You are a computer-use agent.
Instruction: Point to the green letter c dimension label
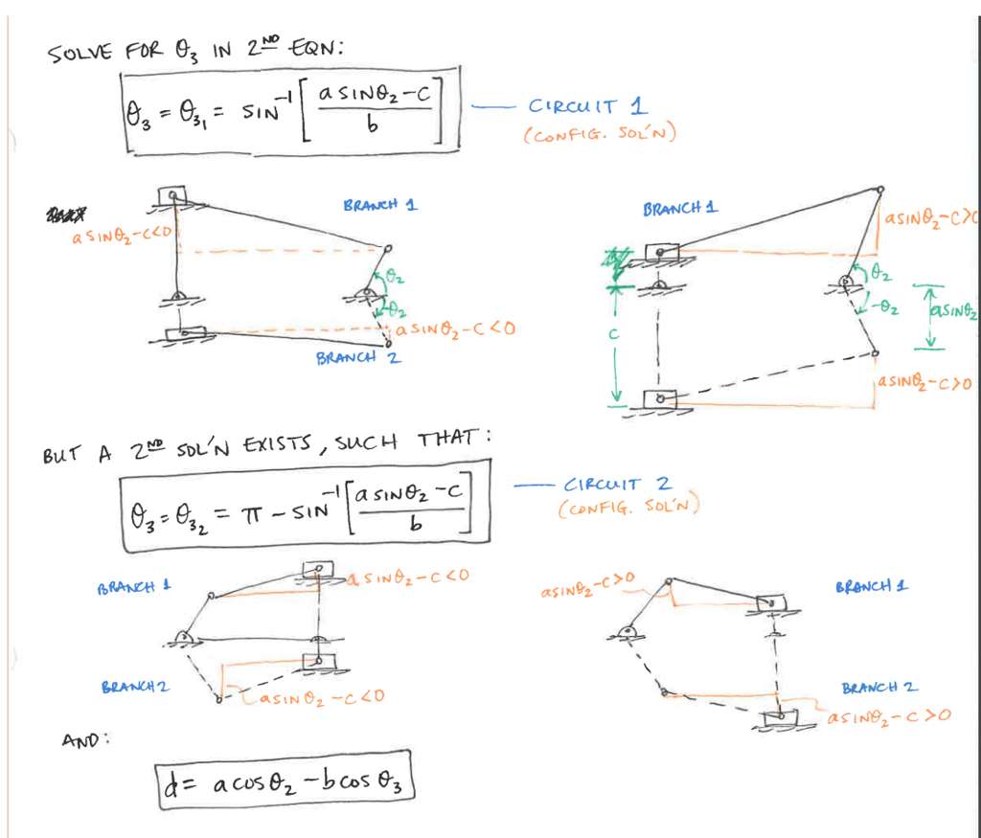point(614,336)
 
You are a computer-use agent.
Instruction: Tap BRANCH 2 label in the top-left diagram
point(358,358)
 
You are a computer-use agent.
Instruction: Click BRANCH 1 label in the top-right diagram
point(680,208)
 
